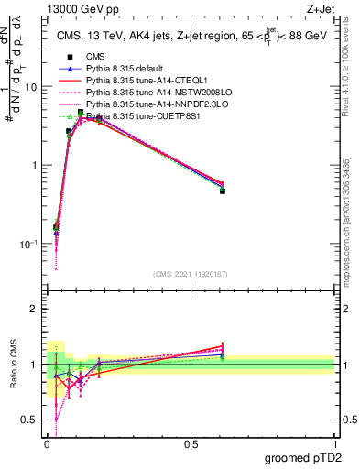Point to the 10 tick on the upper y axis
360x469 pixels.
click(31, 87)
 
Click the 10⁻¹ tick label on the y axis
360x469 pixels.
click(29, 245)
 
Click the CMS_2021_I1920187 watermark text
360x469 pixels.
click(191, 274)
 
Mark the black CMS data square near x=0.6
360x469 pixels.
click(223, 191)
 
